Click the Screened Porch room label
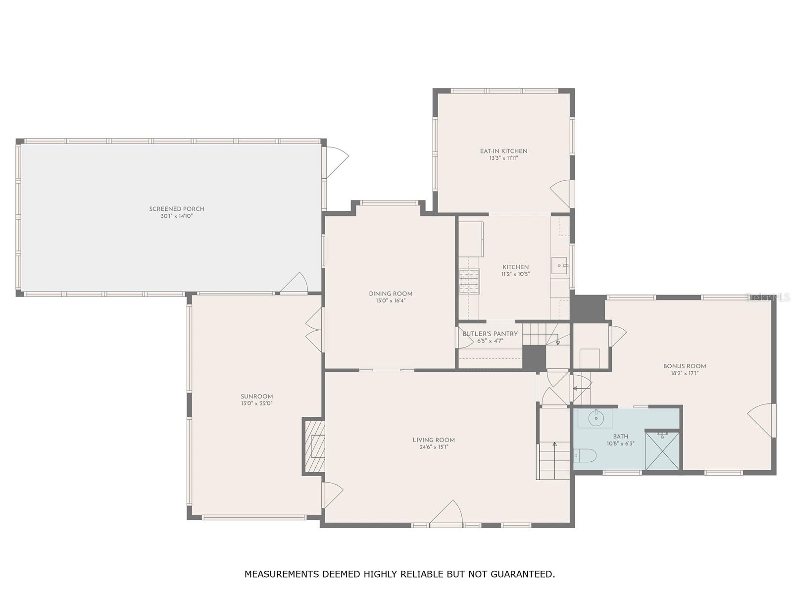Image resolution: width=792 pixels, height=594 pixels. click(177, 209)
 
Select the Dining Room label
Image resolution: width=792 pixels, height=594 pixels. click(391, 294)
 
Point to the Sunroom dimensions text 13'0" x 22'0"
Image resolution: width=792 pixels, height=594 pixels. click(256, 403)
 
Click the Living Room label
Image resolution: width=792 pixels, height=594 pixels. click(434, 440)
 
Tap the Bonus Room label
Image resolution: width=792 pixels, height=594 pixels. click(685, 366)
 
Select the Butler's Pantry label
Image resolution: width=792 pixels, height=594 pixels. click(490, 334)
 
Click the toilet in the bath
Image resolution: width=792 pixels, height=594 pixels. click(585, 455)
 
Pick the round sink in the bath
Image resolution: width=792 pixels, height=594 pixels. click(595, 418)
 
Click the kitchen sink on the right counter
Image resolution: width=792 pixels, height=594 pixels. click(559, 265)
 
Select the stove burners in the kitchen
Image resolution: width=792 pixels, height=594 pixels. click(469, 281)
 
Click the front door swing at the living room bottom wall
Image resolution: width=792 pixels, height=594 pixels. click(446, 512)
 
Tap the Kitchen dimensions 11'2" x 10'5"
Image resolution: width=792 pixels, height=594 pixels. click(515, 274)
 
